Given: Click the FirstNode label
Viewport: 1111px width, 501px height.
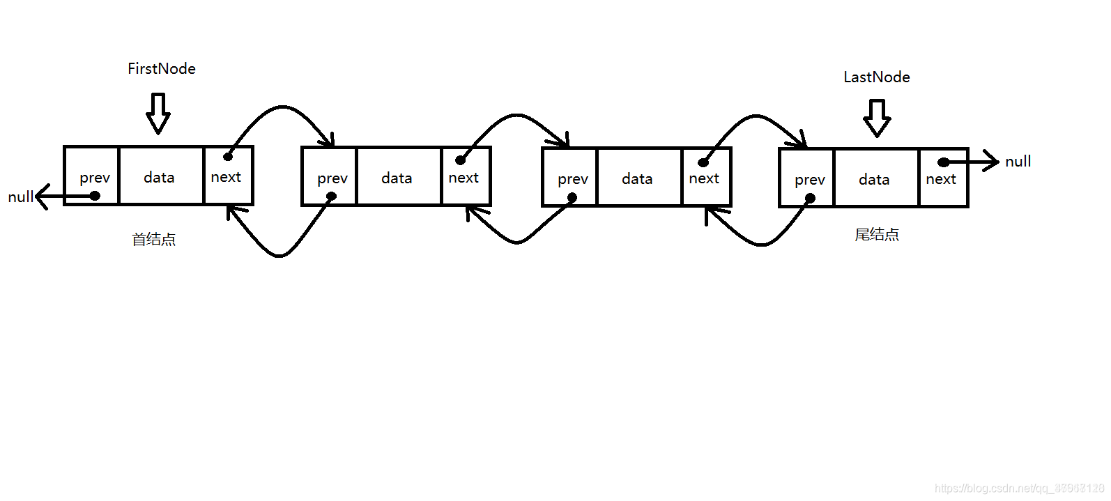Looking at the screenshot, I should click(x=162, y=68).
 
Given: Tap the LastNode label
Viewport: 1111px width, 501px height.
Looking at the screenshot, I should click(x=877, y=77).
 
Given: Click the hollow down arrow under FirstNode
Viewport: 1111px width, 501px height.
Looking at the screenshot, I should click(x=158, y=113).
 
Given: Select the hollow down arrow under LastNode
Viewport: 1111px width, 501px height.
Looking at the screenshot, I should click(x=877, y=118).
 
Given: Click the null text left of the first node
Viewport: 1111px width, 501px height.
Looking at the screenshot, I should click(x=20, y=197).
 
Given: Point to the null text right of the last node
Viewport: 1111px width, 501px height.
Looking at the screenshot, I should click(x=1018, y=162).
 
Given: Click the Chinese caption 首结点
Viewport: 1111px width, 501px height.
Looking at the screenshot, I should click(x=154, y=240).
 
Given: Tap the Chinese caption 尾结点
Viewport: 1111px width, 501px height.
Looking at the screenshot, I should click(x=877, y=235).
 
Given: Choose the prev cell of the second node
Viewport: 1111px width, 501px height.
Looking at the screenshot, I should click(x=330, y=177).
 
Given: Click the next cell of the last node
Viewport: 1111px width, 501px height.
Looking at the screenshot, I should click(x=943, y=178).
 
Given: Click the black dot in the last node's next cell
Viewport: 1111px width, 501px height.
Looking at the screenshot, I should click(x=943, y=162).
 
